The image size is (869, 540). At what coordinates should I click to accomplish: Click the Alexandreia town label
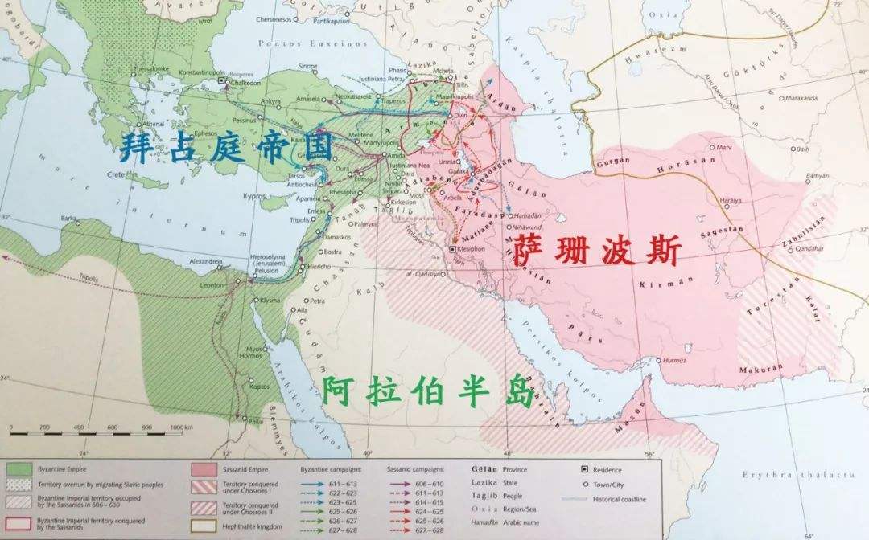pos(206,262)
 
